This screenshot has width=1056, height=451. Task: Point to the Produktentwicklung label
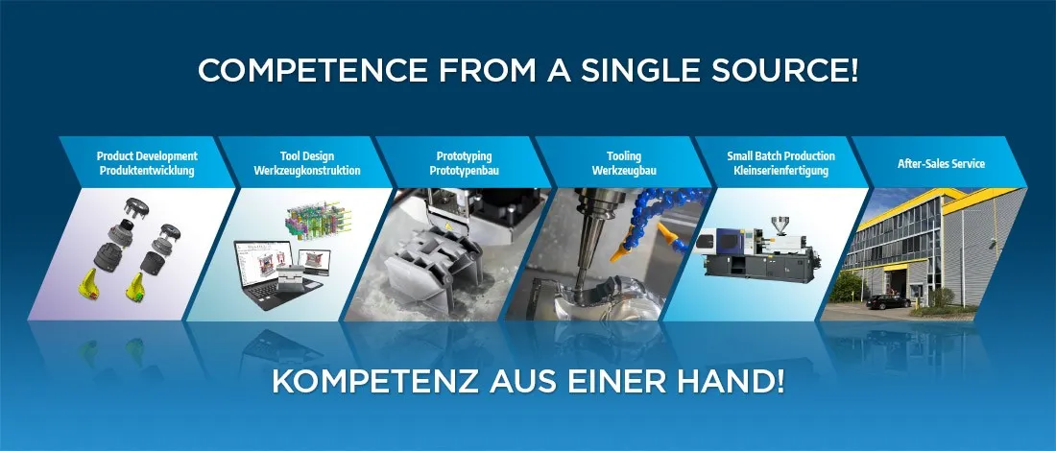[147, 171]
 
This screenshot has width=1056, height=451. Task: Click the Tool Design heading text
[307, 156]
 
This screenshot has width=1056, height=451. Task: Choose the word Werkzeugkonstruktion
[307, 171]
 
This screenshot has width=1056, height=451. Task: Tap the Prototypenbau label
[464, 171]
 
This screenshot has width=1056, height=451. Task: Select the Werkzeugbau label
[624, 171]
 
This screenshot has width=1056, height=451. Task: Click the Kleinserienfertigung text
[781, 171]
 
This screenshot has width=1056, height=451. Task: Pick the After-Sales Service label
[941, 163]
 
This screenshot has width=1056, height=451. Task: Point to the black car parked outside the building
[888, 301]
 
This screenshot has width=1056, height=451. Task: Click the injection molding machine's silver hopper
[780, 225]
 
